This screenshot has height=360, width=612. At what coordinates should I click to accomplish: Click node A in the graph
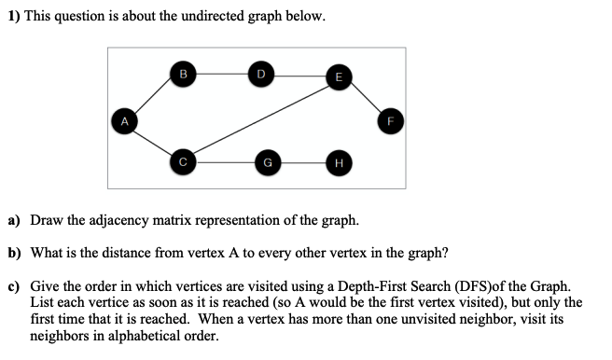point(121,119)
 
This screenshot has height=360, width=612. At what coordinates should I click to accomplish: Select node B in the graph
point(183,72)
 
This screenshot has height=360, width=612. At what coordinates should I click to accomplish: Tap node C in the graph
point(183,161)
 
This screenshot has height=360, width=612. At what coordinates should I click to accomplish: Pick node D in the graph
point(260,72)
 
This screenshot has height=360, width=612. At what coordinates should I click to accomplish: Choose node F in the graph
point(391,119)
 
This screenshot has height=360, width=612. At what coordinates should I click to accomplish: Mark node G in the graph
point(268,161)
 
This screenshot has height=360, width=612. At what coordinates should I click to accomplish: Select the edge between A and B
point(152,96)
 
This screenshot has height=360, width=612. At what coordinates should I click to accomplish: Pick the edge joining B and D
point(221,72)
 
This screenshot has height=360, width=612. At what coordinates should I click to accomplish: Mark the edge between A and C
point(152,141)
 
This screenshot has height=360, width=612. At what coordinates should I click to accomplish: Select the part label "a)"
point(15,221)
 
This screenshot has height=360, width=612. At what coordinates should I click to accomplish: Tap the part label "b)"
point(15,253)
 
